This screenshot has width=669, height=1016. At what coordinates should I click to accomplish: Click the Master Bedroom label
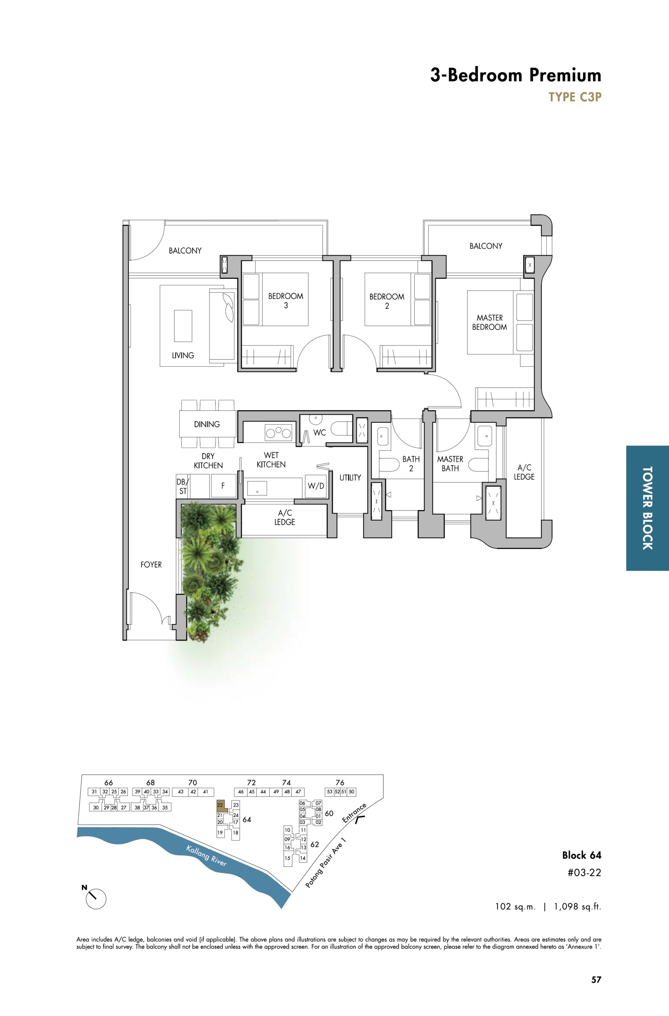pos(489,322)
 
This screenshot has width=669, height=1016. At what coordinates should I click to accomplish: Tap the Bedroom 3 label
pos(286,300)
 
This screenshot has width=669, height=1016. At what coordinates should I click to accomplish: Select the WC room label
pos(319,433)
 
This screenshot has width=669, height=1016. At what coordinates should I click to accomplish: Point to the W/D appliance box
pos(316,486)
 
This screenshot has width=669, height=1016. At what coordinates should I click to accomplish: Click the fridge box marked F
pos(223,485)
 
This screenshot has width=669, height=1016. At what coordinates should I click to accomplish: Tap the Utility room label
pos(350,478)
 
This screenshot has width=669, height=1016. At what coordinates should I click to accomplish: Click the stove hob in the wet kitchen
pos(279,433)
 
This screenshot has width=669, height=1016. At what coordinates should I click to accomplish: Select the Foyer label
pos(151,564)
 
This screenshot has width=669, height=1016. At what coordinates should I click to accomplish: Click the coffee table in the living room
pos(183,326)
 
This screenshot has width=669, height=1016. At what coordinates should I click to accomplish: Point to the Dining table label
pos(207,424)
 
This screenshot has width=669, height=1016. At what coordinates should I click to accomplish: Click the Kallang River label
pos(206,856)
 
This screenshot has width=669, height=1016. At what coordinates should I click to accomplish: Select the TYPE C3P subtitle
pos(575,97)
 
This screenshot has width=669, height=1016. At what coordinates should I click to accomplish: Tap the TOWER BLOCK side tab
pos(647,508)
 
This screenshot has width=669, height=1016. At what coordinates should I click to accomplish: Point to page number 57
pos(596,980)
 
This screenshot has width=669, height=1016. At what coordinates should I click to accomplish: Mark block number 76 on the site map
pos(340,783)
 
